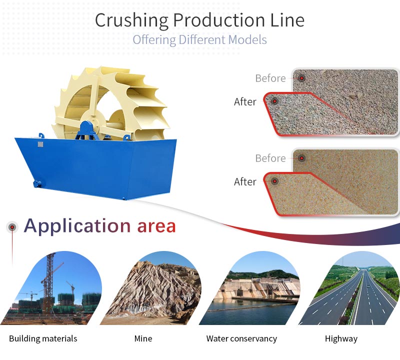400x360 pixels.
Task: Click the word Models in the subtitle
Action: pyautogui.click(x=247, y=40)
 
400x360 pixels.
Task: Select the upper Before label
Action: pyautogui.click(x=270, y=78)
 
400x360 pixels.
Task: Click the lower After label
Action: pyautogui.click(x=245, y=181)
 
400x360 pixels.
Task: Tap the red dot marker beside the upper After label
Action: pyautogui.click(x=274, y=101)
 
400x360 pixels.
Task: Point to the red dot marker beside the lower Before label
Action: pyautogui.click(x=302, y=158)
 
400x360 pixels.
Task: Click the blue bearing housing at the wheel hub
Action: pyautogui.click(x=87, y=130)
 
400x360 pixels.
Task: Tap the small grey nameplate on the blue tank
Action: pyautogui.click(x=40, y=144)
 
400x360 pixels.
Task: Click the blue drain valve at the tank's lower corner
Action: pyautogui.click(x=37, y=183)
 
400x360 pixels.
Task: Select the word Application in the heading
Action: pyautogui.click(x=77, y=226)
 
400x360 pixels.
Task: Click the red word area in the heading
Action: pyautogui.click(x=156, y=226)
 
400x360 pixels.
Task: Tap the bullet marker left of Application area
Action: pyautogui.click(x=12, y=227)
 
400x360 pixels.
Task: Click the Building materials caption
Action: pyautogui.click(x=43, y=338)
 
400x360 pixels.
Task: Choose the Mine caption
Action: pyautogui.click(x=143, y=338)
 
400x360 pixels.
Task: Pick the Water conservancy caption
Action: pyautogui.click(x=241, y=338)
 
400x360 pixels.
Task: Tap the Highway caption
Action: pyautogui.click(x=341, y=339)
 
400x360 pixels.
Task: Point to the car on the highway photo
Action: pyautogui.click(x=368, y=287)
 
